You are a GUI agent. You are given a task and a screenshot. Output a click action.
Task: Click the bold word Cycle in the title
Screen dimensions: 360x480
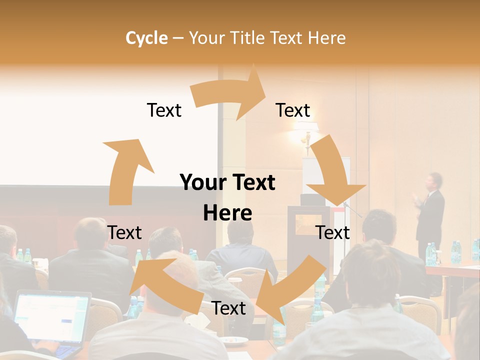146,38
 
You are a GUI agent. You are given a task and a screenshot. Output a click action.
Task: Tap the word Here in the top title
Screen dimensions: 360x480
326,38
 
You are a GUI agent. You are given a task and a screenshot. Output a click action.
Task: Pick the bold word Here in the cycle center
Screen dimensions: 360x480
227,213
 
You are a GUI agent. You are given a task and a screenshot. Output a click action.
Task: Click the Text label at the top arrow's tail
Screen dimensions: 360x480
164,110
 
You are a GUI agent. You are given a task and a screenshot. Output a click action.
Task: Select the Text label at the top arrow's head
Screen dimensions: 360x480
293,110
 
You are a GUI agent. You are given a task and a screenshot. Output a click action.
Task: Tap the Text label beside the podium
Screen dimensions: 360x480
332,232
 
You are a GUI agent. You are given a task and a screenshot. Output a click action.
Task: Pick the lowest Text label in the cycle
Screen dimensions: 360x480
228,308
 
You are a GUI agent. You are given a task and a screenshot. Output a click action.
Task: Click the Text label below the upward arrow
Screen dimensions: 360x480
124,232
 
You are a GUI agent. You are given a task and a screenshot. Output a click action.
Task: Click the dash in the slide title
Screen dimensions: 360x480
177,38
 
